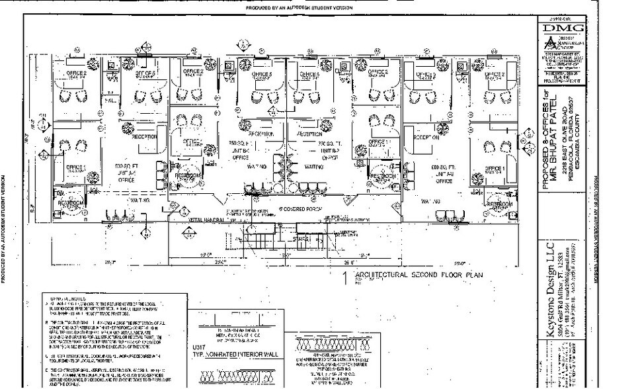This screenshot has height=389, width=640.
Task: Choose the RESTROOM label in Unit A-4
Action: point(68,203)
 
